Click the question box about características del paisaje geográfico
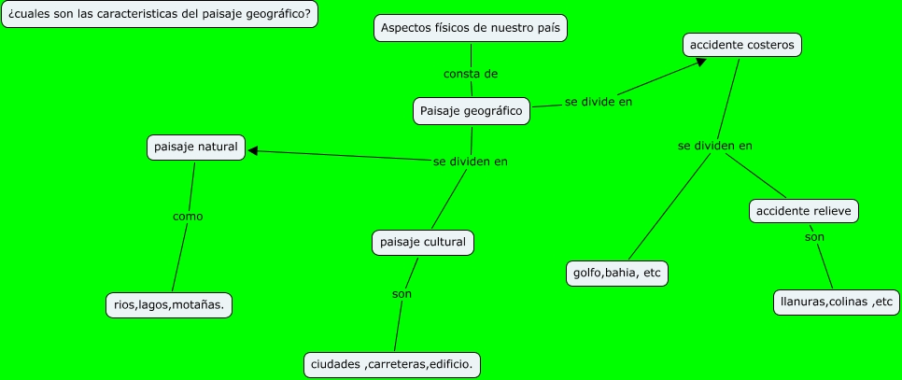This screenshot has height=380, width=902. [x=160, y=15]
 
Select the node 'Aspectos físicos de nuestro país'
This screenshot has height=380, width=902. [x=471, y=28]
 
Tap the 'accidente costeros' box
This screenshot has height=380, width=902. [x=742, y=44]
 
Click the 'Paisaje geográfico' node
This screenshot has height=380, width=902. [x=472, y=111]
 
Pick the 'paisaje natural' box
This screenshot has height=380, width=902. [x=196, y=148]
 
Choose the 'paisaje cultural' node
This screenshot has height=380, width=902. [x=423, y=243]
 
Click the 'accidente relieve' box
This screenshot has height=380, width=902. [x=803, y=211]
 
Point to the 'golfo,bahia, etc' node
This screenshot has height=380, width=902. [x=618, y=274]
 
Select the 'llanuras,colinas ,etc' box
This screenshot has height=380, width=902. [x=837, y=302]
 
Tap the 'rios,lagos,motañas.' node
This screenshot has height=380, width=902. [x=169, y=305]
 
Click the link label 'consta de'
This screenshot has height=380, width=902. [x=470, y=73]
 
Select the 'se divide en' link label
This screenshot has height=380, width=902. [x=599, y=102]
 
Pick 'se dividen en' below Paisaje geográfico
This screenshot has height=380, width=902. [x=471, y=162]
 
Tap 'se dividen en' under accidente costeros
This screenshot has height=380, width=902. [x=715, y=146]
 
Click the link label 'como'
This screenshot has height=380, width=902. [x=188, y=217]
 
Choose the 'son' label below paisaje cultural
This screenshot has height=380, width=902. [x=402, y=294]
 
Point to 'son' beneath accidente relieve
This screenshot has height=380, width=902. [x=815, y=238]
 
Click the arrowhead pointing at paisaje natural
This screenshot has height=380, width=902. [x=253, y=151]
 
